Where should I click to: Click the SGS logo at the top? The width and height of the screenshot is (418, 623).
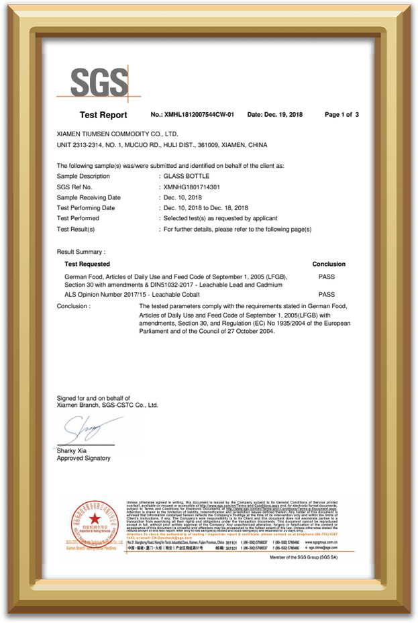click(100, 83)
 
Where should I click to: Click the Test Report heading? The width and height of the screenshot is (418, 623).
click(103, 115)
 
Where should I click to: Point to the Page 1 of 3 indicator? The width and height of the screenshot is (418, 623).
click(342, 115)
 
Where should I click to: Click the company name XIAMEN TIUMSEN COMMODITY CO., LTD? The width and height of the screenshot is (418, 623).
click(117, 134)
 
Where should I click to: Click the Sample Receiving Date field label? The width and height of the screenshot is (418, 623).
click(89, 197)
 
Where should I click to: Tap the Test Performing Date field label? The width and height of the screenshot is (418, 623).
click(86, 208)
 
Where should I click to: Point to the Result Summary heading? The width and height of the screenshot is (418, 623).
click(81, 252)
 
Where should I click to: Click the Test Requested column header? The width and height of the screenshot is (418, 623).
click(87, 265)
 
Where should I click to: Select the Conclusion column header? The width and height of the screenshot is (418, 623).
click(329, 265)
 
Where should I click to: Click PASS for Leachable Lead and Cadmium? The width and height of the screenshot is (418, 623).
click(327, 276)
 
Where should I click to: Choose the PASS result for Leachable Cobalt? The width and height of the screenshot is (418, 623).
click(327, 294)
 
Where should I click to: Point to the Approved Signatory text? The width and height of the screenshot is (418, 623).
click(84, 459)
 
